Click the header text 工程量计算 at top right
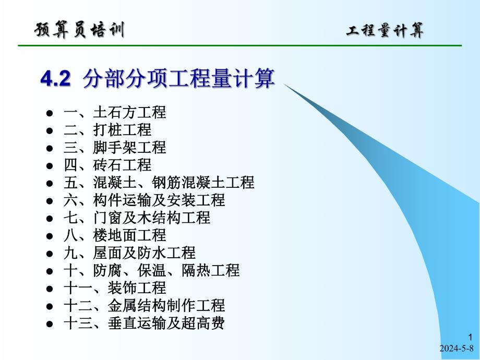[x=385, y=31]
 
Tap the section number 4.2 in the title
[x=55, y=79]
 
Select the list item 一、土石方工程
[x=114, y=112]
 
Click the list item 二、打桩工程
[x=107, y=130]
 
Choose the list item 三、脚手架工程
[x=114, y=148]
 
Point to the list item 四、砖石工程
[x=107, y=165]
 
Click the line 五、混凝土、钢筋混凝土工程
[x=159, y=183]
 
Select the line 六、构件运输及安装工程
[x=144, y=200]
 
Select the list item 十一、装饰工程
[x=114, y=288]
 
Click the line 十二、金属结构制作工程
[x=144, y=306]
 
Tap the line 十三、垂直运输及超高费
[x=144, y=323]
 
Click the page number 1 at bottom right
[x=471, y=338]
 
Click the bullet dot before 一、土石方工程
[x=50, y=113]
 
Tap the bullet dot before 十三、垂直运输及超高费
[x=50, y=324]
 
